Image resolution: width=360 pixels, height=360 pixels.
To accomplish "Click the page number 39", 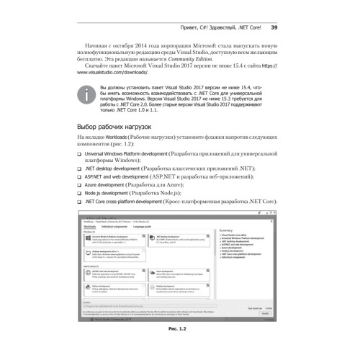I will click(x=274, y=28).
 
